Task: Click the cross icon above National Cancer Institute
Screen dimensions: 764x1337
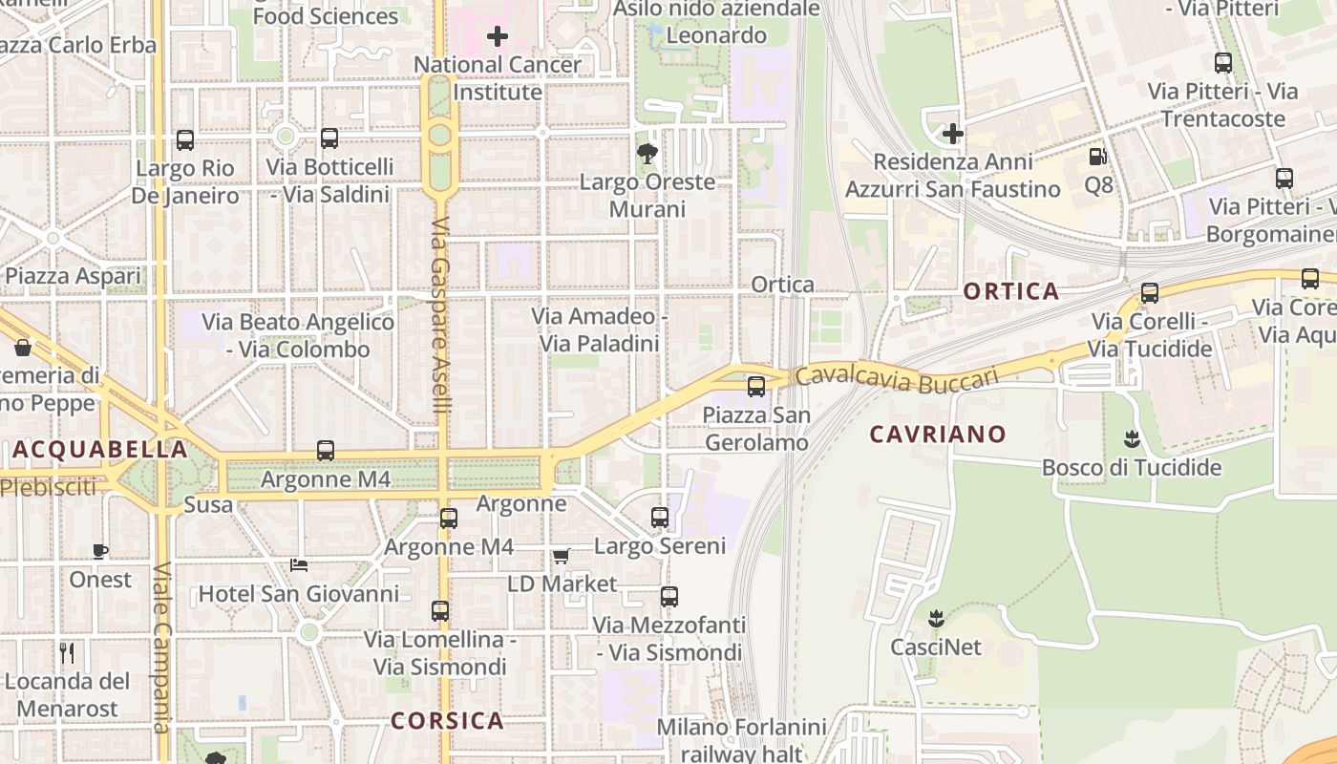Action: pyautogui.click(x=498, y=37)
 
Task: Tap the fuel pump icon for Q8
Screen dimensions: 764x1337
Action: pyautogui.click(x=1098, y=156)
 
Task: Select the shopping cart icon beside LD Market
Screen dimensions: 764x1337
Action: pyautogui.click(x=561, y=556)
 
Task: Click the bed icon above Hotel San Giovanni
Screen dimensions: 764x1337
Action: pyautogui.click(x=299, y=564)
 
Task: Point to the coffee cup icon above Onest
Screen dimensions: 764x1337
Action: pyautogui.click(x=100, y=550)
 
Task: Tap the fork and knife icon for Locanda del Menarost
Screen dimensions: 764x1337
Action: pyautogui.click(x=67, y=653)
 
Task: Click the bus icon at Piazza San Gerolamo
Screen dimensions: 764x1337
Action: pyautogui.click(x=756, y=387)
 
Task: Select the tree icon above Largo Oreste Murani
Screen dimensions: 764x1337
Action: pyautogui.click(x=647, y=153)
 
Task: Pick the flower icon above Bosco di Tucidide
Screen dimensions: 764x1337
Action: pyautogui.click(x=1132, y=439)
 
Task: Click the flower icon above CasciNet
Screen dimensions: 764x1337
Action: pyautogui.click(x=936, y=618)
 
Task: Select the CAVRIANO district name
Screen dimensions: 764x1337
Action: pyautogui.click(x=938, y=435)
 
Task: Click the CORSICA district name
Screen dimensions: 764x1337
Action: pyautogui.click(x=447, y=720)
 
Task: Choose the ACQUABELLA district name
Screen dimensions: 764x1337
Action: pyautogui.click(x=100, y=449)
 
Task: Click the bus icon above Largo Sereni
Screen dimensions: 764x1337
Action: pyautogui.click(x=660, y=518)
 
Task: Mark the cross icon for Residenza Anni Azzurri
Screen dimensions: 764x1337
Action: pyautogui.click(x=952, y=134)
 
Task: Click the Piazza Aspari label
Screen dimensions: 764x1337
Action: pyautogui.click(x=73, y=277)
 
